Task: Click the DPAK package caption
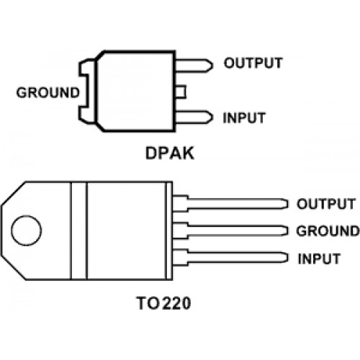pyautogui.click(x=170, y=153)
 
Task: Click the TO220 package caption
pyautogui.click(x=164, y=303)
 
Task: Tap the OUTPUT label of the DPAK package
pyautogui.click(x=253, y=63)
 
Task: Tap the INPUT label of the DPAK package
pyautogui.click(x=244, y=118)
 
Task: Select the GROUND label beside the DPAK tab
pyautogui.click(x=48, y=93)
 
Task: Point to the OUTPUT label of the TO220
pyautogui.click(x=326, y=204)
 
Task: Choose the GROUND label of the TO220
pyautogui.click(x=328, y=231)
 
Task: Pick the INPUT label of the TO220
pyautogui.click(x=319, y=258)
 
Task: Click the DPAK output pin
pyautogui.click(x=194, y=66)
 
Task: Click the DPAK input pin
pyautogui.click(x=194, y=117)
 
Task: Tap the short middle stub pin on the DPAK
pyautogui.click(x=181, y=91)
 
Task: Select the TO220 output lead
pyautogui.click(x=230, y=204)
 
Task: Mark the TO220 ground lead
pyautogui.click(x=230, y=230)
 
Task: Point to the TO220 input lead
pyautogui.click(x=230, y=258)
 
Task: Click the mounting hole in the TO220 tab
pyautogui.click(x=27, y=230)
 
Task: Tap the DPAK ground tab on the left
pyautogui.click(x=87, y=91)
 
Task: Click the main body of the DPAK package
pyautogui.click(x=135, y=91)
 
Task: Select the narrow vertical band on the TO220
pyautogui.click(x=79, y=230)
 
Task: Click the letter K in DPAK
pyautogui.click(x=187, y=153)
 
